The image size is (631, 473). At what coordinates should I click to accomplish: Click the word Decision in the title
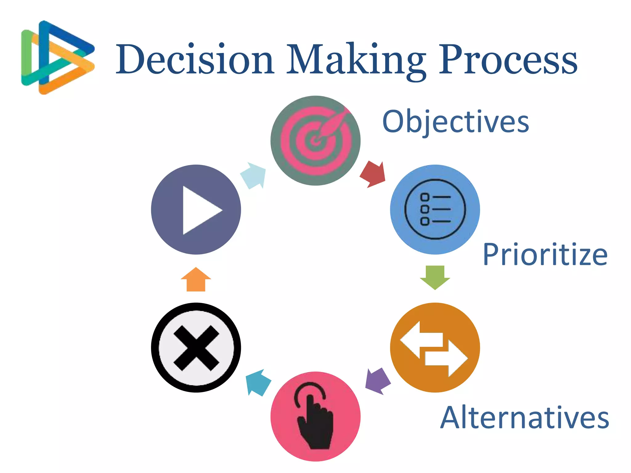(195, 59)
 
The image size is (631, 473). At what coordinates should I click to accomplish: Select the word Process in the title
(508, 59)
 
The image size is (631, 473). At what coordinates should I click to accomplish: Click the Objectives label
(456, 122)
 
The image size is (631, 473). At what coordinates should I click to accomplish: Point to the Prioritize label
(545, 255)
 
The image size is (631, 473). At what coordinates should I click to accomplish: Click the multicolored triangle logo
(57, 58)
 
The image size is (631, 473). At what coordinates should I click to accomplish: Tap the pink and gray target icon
(315, 141)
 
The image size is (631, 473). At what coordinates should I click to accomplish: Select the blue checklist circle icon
(435, 209)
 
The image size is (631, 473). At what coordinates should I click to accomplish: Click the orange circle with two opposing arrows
(435, 347)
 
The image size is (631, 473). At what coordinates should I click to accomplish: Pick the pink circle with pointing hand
(315, 416)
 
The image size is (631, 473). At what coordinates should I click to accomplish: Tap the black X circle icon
(196, 347)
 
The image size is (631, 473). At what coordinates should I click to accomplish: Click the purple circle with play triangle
(196, 209)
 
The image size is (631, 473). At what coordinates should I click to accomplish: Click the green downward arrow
(435, 277)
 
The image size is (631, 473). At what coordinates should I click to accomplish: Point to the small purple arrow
(377, 381)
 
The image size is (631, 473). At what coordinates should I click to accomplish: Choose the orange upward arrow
(196, 280)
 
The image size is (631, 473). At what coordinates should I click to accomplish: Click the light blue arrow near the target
(254, 176)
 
